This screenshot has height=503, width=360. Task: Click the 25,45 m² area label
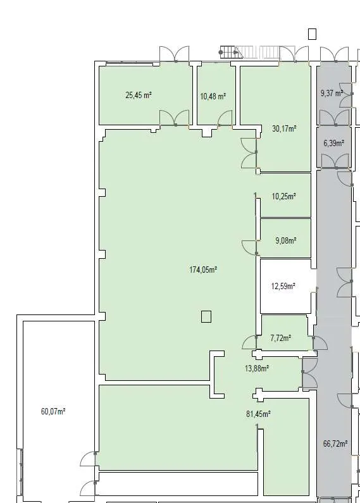pyautogui.click(x=139, y=96)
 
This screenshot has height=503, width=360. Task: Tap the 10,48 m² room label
pyautogui.click(x=213, y=96)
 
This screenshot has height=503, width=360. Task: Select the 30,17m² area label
pyautogui.click(x=284, y=128)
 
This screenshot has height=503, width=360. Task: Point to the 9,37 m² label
pyautogui.click(x=332, y=94)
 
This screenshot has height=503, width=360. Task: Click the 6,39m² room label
pyautogui.click(x=333, y=143)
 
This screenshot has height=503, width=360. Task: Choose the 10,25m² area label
pyautogui.click(x=284, y=196)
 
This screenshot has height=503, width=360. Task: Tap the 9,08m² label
pyautogui.click(x=285, y=240)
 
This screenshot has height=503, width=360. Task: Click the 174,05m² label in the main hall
pyautogui.click(x=203, y=270)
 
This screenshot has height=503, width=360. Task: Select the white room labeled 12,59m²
pyautogui.click(x=285, y=286)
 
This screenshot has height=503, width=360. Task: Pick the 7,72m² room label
pyautogui.click(x=281, y=338)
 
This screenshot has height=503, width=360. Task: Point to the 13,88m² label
pyautogui.click(x=257, y=368)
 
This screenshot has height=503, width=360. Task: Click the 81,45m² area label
pyautogui.click(x=258, y=414)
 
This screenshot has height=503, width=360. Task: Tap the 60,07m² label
pyautogui.click(x=53, y=411)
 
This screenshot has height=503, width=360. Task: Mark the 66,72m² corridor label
pyautogui.click(x=335, y=444)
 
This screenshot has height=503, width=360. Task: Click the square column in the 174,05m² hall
pyautogui.click(x=206, y=316)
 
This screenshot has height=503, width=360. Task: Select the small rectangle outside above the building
pyautogui.click(x=312, y=34)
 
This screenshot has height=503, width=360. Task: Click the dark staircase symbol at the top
pyautogui.click(x=229, y=53)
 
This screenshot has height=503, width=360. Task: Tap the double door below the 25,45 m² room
pyautogui.click(x=174, y=118)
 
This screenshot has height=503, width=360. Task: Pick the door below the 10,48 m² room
pyautogui.click(x=225, y=118)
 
